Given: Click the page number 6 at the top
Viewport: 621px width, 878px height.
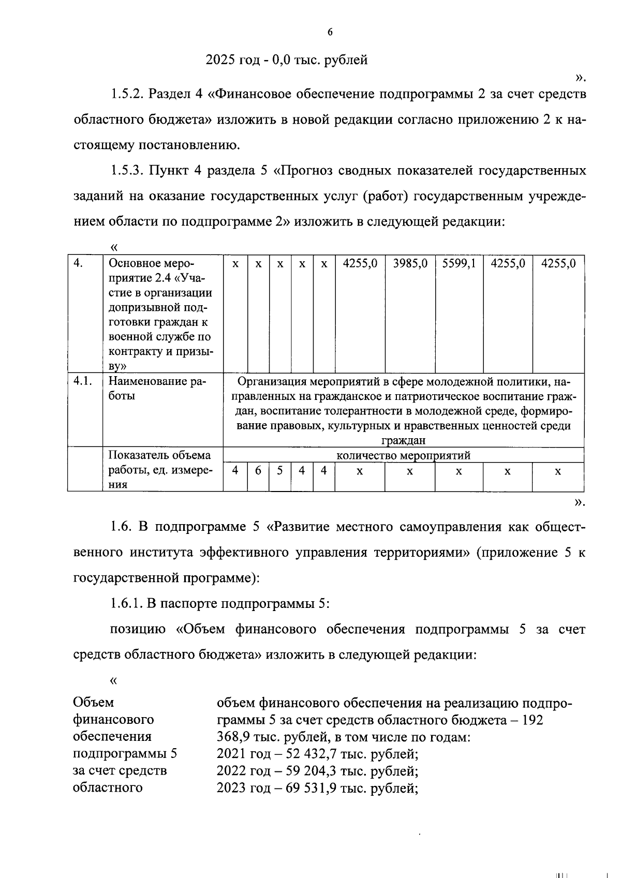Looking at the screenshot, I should tap(330, 33).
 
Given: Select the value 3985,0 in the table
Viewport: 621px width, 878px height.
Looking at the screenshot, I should tap(410, 263).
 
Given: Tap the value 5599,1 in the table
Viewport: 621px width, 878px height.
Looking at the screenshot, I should tap(459, 263).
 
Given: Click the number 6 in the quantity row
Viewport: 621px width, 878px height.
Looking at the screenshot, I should tap(258, 471).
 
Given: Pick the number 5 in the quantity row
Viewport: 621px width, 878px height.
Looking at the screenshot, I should tap(280, 471).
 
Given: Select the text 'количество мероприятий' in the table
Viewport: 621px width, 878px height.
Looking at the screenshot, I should tap(403, 456).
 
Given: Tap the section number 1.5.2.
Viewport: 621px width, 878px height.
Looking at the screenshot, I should tap(127, 94).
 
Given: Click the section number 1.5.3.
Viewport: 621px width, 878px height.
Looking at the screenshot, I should tap(127, 171).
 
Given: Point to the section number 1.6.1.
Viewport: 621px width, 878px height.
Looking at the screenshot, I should tap(127, 603).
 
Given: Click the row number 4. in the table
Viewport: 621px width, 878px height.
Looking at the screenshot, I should tap(78, 263).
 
